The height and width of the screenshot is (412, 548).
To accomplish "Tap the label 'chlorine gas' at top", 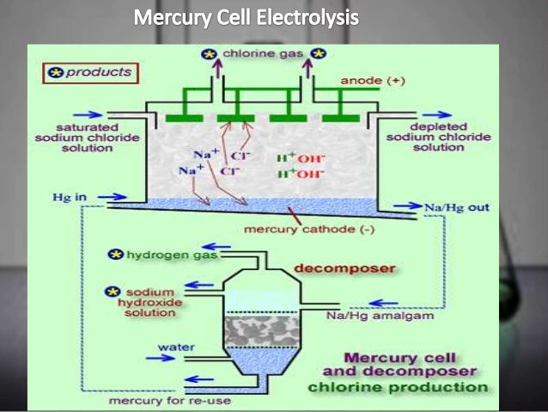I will (261, 54).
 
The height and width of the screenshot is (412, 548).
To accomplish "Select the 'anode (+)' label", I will (370, 81).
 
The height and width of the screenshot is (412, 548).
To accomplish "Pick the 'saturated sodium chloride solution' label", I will (73, 137).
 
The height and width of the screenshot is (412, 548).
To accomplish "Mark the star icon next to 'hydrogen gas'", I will (113, 255).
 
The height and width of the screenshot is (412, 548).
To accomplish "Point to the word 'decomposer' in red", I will (344, 268).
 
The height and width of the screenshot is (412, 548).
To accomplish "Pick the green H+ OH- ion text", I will (297, 166).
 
